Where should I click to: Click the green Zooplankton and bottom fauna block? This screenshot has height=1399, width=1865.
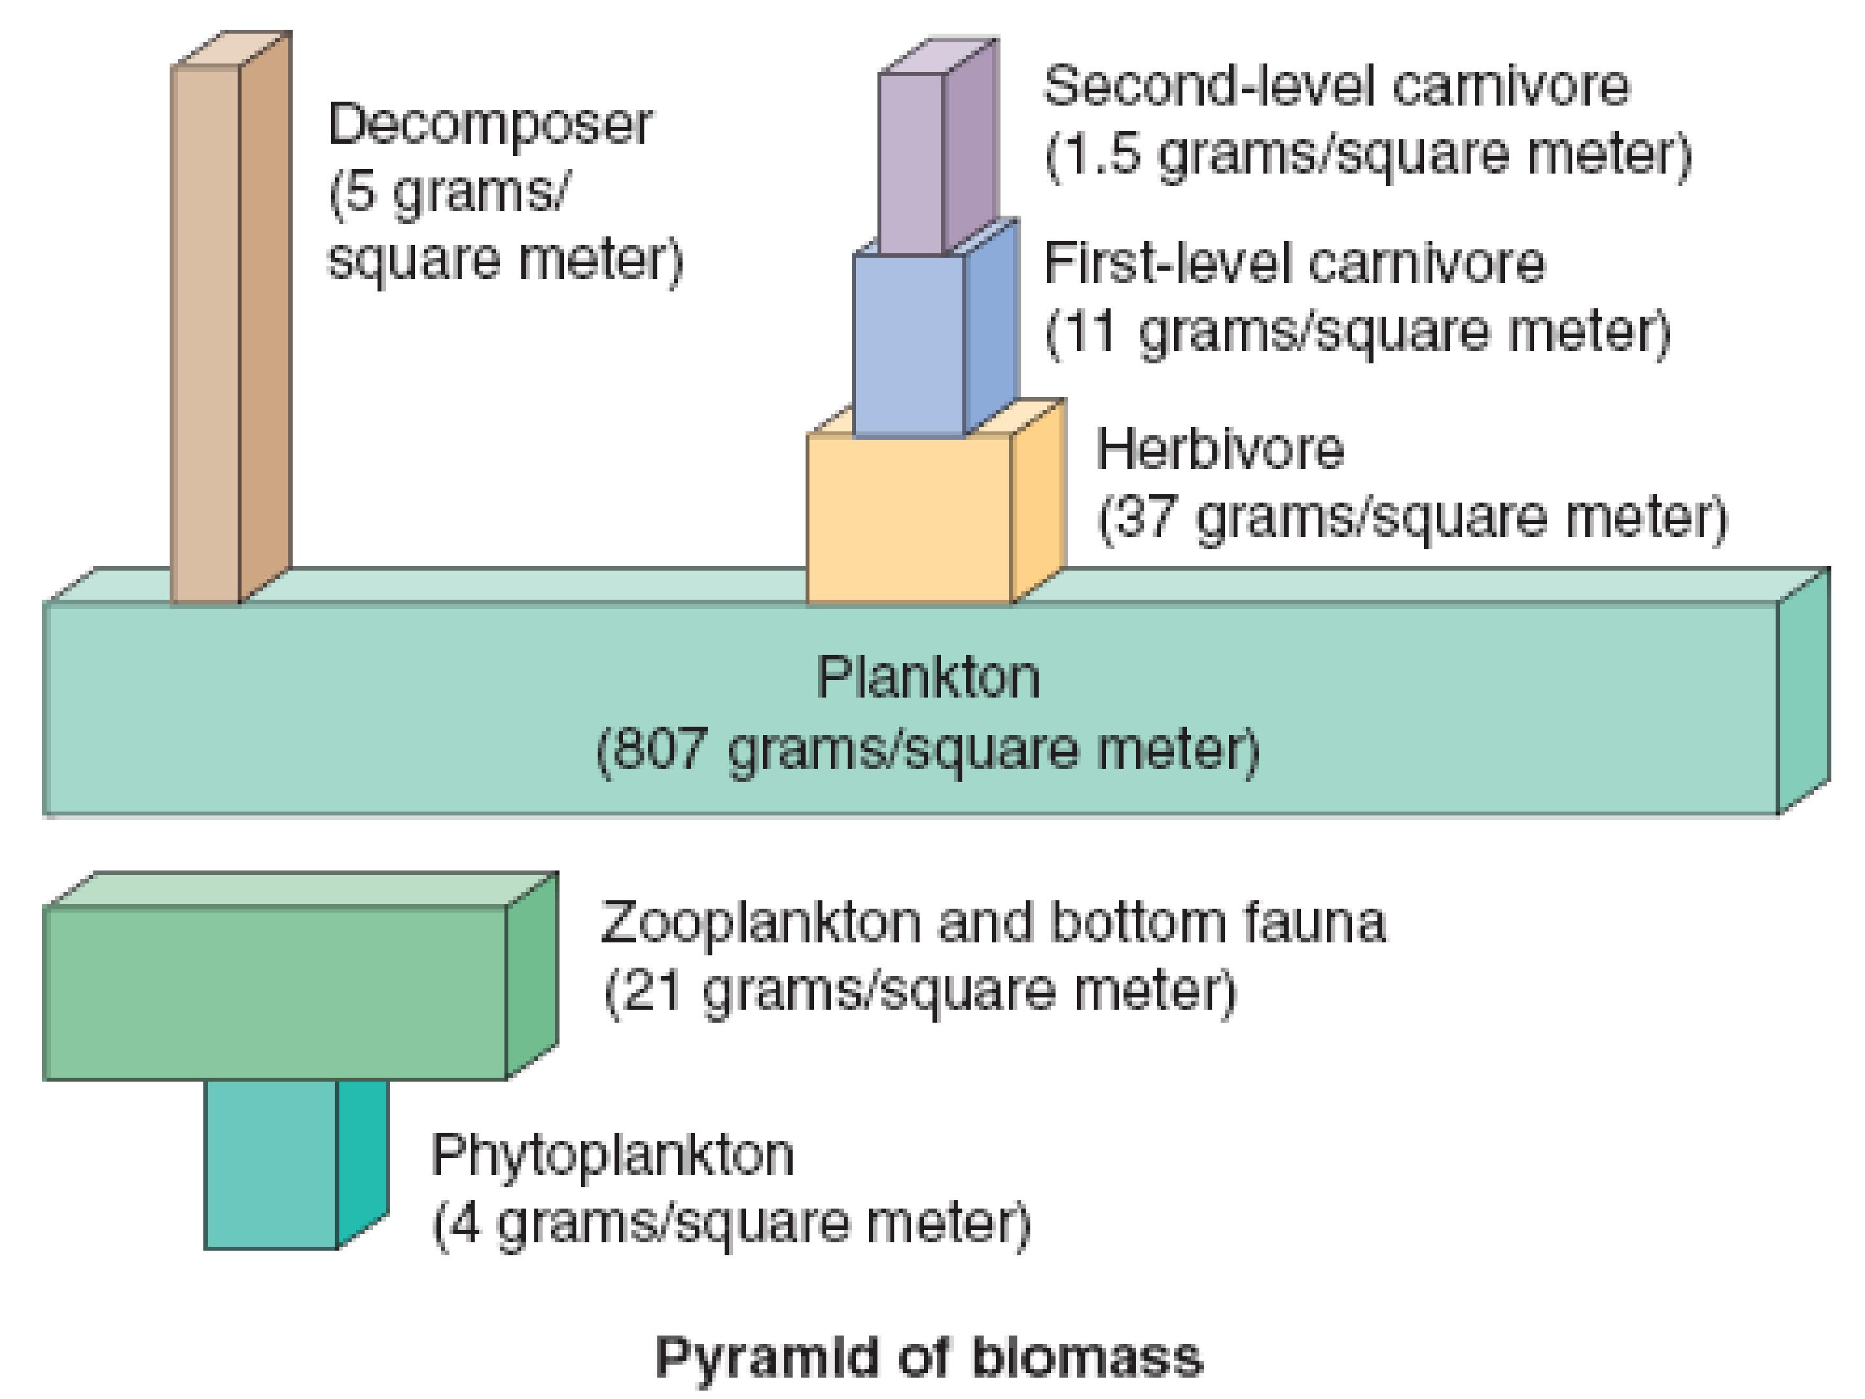point(300,975)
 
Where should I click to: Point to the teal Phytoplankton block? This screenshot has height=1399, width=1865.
point(296,1164)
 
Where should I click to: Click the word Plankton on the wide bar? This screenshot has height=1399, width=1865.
point(928,676)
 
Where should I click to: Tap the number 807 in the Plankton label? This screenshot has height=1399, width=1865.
point(659,747)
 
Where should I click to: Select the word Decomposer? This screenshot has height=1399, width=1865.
point(490,125)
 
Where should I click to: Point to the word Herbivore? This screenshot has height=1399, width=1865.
point(1220,449)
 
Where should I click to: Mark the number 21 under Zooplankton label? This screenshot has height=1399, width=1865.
point(650,989)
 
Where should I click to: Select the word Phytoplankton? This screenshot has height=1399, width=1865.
point(612,1156)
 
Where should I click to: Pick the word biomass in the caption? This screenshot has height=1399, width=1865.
point(1088,1357)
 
